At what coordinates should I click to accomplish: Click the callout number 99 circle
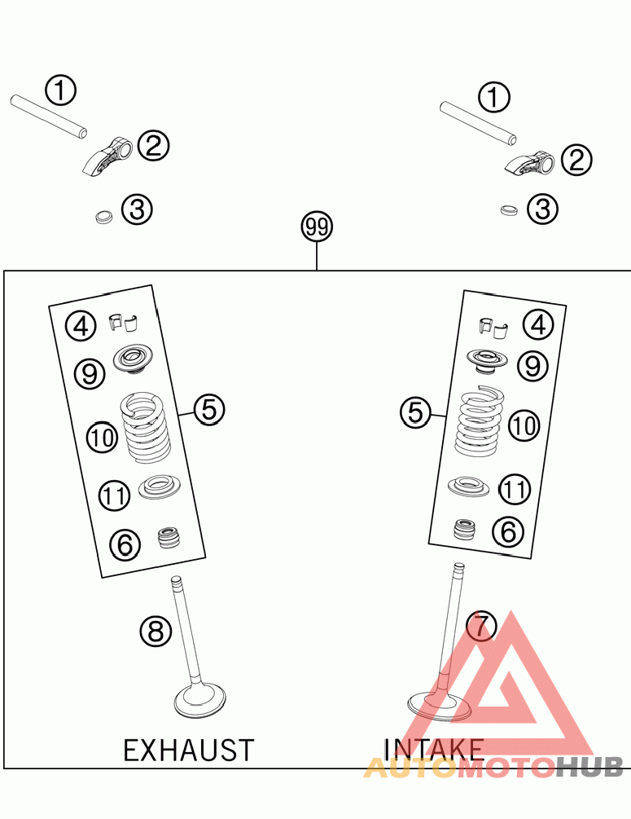[317, 227]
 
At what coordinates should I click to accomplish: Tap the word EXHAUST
[188, 750]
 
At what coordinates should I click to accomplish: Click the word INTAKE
[433, 749]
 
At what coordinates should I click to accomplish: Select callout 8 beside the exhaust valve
[156, 630]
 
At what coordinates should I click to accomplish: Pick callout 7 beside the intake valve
[481, 626]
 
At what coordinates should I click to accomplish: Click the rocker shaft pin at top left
[48, 115]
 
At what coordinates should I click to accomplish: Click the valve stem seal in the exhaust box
[169, 539]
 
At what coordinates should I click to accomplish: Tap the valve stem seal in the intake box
[464, 530]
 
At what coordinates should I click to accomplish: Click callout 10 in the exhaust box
[103, 438]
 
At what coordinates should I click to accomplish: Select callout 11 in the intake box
[514, 490]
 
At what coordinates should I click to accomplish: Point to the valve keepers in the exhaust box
[124, 322]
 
